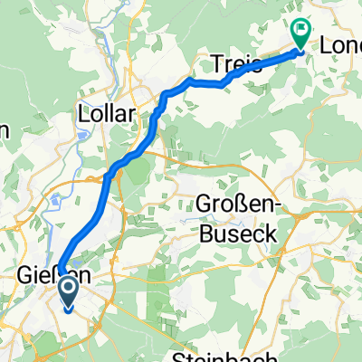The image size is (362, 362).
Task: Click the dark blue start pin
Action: pyautogui.click(x=69, y=291)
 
